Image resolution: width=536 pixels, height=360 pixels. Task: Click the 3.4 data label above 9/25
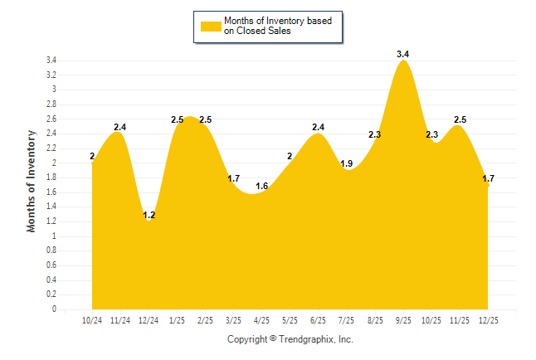[403, 54]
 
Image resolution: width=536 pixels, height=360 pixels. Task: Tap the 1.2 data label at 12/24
[149, 215]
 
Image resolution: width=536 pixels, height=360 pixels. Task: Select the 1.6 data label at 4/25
[261, 186]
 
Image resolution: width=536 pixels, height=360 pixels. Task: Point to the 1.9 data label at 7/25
[347, 163]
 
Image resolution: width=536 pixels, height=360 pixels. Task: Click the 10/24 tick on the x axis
[92, 320]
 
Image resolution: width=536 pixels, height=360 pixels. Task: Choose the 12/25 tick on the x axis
[488, 320]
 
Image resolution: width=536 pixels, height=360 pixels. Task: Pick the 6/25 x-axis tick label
[318, 320]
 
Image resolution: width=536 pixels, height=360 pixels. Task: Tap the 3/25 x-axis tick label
[233, 320]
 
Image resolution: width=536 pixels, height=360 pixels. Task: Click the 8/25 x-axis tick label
[374, 320]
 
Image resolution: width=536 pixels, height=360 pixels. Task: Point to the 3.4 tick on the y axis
[51, 61]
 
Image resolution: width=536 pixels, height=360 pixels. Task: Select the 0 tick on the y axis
[54, 309]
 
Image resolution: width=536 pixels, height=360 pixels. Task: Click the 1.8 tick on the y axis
[51, 178]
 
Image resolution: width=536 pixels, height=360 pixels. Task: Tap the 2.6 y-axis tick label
[51, 119]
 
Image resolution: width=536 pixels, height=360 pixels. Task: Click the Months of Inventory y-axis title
[32, 180]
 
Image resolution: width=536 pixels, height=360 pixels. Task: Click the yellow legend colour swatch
[211, 26]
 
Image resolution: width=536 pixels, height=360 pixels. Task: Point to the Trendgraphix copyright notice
[290, 339]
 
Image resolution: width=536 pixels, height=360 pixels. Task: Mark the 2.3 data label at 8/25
[374, 134]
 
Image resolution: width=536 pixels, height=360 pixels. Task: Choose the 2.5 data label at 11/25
[460, 119]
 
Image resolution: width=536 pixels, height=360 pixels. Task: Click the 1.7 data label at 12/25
[488, 178]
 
